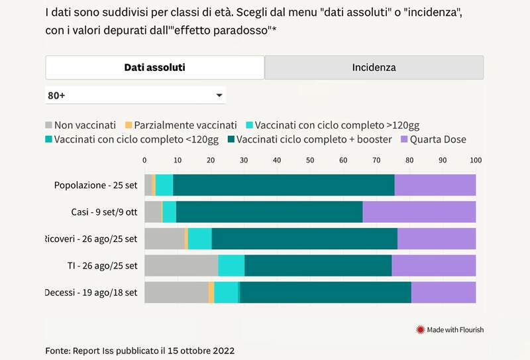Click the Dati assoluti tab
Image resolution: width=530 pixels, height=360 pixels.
[154, 68]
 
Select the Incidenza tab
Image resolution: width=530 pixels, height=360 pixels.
[374, 68]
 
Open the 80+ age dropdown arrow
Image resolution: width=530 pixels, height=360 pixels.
[219, 95]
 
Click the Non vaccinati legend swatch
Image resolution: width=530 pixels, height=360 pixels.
[48, 125]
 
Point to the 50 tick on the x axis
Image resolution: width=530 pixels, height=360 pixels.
[310, 160]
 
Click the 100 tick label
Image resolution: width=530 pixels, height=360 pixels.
[475, 160]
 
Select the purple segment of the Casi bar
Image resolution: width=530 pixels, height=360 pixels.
[419, 211]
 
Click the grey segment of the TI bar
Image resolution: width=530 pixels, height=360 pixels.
[181, 265]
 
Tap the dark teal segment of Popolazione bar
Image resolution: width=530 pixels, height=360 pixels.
[284, 185]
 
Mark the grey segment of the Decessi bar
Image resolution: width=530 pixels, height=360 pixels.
[176, 292]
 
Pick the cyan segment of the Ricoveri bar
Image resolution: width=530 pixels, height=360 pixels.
[199, 239]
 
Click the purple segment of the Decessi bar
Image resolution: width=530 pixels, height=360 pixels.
[443, 292]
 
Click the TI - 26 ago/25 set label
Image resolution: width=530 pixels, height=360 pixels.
[102, 266]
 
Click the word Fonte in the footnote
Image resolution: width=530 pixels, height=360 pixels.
[58, 350]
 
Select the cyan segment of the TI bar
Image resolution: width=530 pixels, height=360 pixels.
[231, 265]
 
